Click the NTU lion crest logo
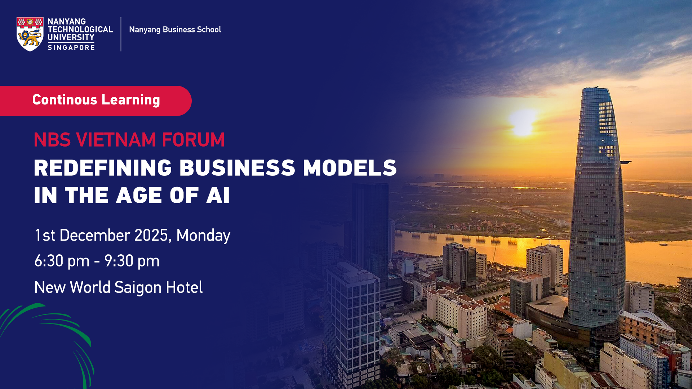(x=30, y=34)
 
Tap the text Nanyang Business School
(x=175, y=30)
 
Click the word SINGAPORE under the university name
(x=71, y=48)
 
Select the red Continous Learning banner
(x=96, y=100)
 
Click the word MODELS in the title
(x=350, y=168)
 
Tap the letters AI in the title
(x=218, y=195)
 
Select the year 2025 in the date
(x=151, y=235)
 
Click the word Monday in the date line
(x=203, y=236)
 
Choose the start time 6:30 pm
(x=62, y=261)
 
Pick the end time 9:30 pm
(x=132, y=261)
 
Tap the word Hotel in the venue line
(x=184, y=287)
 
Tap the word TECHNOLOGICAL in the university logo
(x=80, y=30)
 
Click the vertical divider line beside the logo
(x=121, y=34)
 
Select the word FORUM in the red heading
(x=193, y=140)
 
